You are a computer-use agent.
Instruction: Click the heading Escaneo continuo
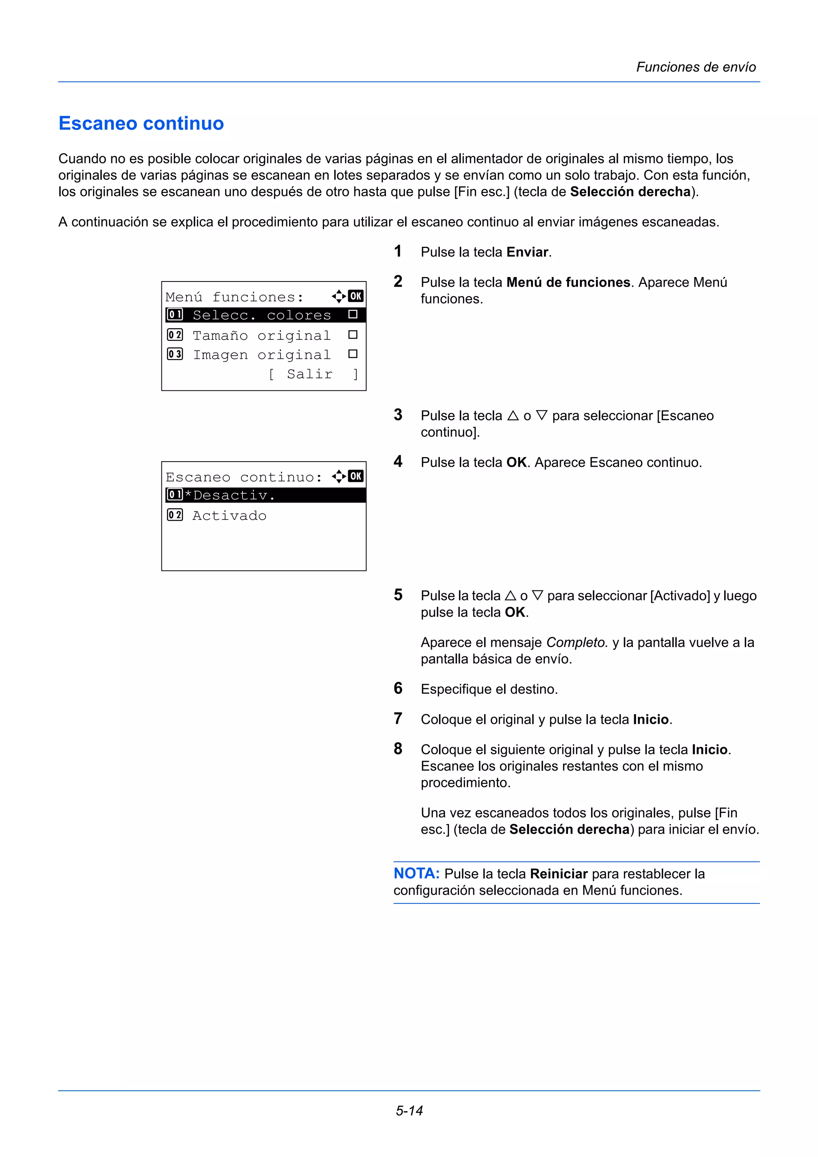pos(141,123)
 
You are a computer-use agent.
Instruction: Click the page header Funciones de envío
pos(695,67)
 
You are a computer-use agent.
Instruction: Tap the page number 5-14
pos(409,1110)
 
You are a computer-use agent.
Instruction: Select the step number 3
pos(398,415)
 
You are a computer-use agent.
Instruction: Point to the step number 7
pos(398,718)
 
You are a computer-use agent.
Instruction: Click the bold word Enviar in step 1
pos(527,252)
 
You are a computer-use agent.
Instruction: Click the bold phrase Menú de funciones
pos(568,282)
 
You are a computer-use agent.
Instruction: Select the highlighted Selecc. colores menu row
pos(262,315)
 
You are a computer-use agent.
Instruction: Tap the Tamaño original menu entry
pos(262,335)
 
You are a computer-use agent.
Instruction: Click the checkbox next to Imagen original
pos(353,354)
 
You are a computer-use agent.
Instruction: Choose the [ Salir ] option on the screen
pos(312,374)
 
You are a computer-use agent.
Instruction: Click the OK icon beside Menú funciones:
pos(356,296)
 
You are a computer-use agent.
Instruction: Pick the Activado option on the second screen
pos(229,515)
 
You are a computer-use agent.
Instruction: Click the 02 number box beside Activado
pos(175,515)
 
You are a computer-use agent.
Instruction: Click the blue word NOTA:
pos(416,873)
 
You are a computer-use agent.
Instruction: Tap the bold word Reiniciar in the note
pos(558,874)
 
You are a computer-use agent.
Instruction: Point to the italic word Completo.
pos(577,642)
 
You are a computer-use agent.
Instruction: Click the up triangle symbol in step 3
pos(512,416)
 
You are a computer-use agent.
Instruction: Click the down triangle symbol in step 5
pos(537,596)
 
